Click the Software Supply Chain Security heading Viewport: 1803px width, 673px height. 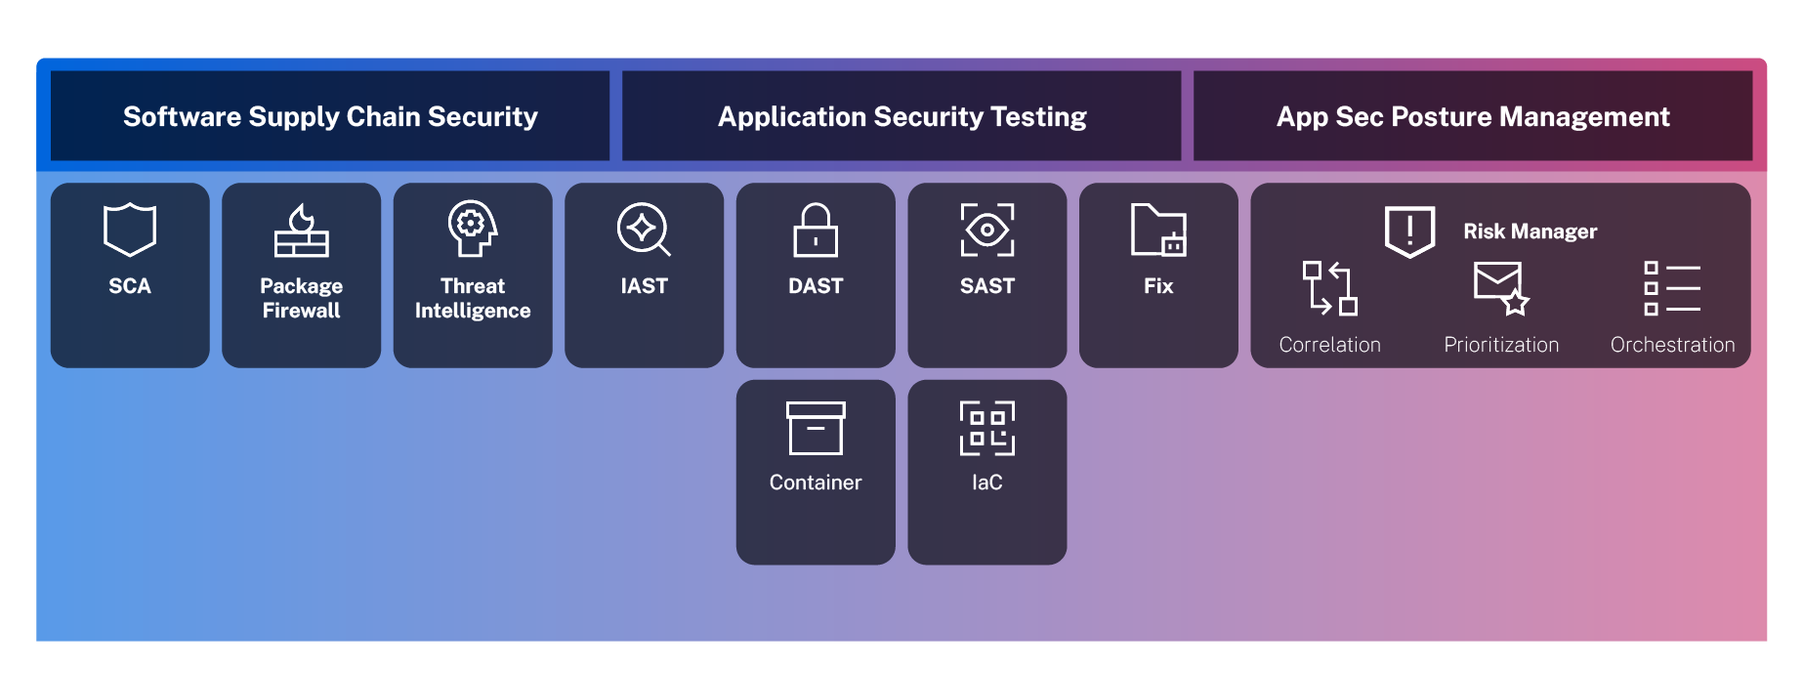330,117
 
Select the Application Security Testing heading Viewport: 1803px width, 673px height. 901,117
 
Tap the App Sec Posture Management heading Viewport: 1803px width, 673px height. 1473,117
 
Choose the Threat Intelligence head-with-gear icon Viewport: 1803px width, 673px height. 473,229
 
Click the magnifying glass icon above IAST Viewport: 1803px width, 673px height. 644,229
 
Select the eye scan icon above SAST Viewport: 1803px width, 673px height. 987,231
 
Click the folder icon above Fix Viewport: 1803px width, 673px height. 1158,230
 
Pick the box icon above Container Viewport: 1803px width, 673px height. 816,428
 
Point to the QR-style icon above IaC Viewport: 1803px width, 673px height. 987,428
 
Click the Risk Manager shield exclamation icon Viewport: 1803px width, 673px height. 1409,231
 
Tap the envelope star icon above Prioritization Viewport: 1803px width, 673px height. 1501,288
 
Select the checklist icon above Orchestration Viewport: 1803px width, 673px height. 1672,288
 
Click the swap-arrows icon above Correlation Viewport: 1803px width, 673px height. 1330,288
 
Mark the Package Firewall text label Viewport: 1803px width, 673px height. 301,298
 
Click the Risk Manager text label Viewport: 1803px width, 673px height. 1530,231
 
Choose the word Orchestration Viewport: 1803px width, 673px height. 1672,345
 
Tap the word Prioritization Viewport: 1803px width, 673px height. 1501,345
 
